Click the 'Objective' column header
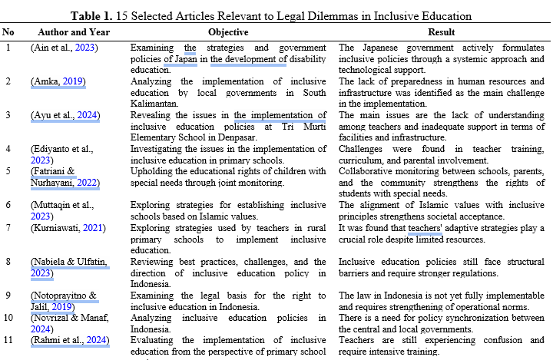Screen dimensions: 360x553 [227, 32]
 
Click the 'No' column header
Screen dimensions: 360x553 [8, 32]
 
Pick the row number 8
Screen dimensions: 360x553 [8, 261]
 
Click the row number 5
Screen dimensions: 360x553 [8, 171]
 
